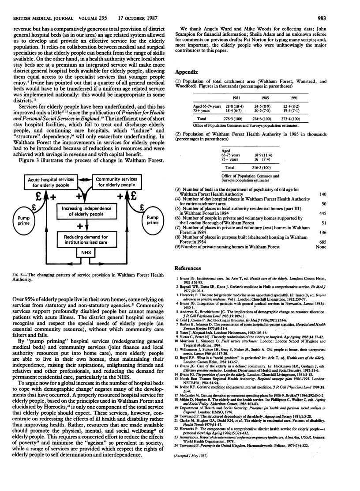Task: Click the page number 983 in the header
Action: tap(348, 7)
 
